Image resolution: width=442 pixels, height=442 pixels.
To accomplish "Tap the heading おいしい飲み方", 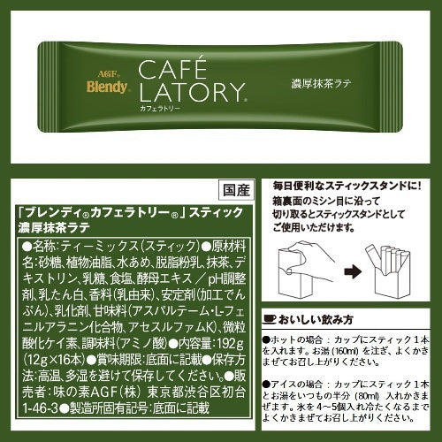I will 316,320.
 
